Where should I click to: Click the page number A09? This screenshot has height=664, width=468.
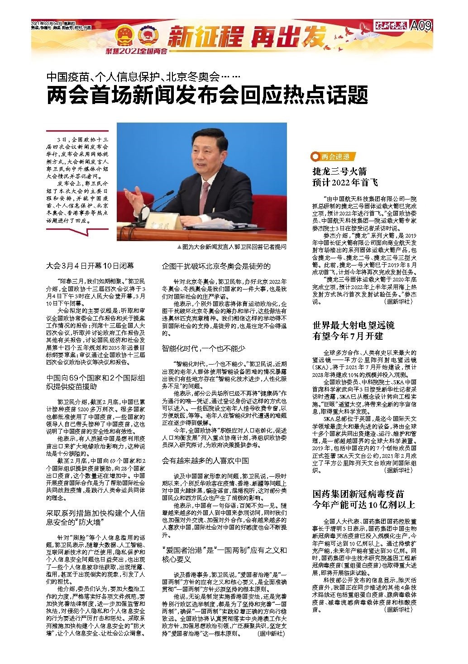point(421,26)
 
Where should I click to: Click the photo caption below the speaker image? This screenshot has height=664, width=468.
point(232,247)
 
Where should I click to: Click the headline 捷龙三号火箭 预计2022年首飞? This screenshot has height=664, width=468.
point(345,177)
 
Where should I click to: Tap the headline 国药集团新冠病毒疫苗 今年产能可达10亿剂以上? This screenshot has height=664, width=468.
point(363,498)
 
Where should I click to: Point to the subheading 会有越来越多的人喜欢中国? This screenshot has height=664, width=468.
point(205,460)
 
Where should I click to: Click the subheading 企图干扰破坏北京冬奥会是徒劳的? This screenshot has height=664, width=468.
point(216,266)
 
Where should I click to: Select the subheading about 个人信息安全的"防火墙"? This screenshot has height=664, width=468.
point(96,517)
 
